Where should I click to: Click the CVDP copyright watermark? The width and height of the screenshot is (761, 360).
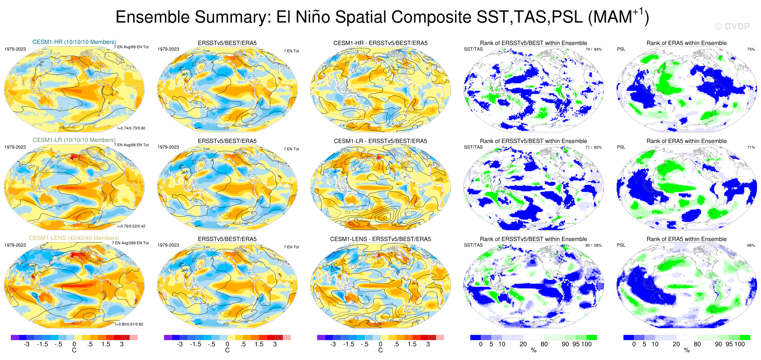(x=732, y=27)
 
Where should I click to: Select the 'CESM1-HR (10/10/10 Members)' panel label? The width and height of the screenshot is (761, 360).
(x=74, y=42)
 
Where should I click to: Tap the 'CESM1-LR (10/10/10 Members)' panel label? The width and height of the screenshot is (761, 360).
(x=74, y=140)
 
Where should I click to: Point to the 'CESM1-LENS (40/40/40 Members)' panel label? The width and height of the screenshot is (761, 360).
(x=74, y=238)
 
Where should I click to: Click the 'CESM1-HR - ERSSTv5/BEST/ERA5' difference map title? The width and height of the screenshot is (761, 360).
(x=380, y=43)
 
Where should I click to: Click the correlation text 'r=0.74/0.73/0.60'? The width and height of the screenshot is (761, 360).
(x=131, y=128)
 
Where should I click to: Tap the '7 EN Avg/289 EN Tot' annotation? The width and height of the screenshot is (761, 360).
(x=130, y=243)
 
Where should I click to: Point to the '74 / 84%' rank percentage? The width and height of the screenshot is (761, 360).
(x=594, y=49)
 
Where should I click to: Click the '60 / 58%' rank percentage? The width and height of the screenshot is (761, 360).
(x=594, y=245)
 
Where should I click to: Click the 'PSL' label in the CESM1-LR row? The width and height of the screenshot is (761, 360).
(x=621, y=147)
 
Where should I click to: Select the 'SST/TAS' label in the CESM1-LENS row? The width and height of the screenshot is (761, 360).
(x=473, y=245)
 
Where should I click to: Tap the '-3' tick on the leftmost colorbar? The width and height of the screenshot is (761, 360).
(x=26, y=344)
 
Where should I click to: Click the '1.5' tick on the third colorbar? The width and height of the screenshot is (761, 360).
(x=412, y=344)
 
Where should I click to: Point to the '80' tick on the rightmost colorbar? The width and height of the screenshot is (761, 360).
(x=697, y=344)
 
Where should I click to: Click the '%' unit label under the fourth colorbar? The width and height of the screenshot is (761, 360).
(x=533, y=350)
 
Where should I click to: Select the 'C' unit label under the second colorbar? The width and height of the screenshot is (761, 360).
(x=227, y=350)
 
